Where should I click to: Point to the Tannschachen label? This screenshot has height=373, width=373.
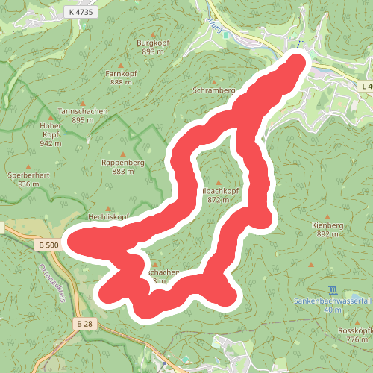click(x=83, y=111)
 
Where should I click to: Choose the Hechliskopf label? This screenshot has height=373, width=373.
click(x=109, y=216)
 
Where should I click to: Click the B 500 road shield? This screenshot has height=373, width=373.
click(x=47, y=244)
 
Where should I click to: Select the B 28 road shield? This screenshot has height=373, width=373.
click(x=84, y=323)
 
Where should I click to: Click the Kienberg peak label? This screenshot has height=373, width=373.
click(x=327, y=225)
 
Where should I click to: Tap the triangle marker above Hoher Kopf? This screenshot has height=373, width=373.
click(x=50, y=116)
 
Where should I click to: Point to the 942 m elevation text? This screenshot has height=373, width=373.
click(x=50, y=143)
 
